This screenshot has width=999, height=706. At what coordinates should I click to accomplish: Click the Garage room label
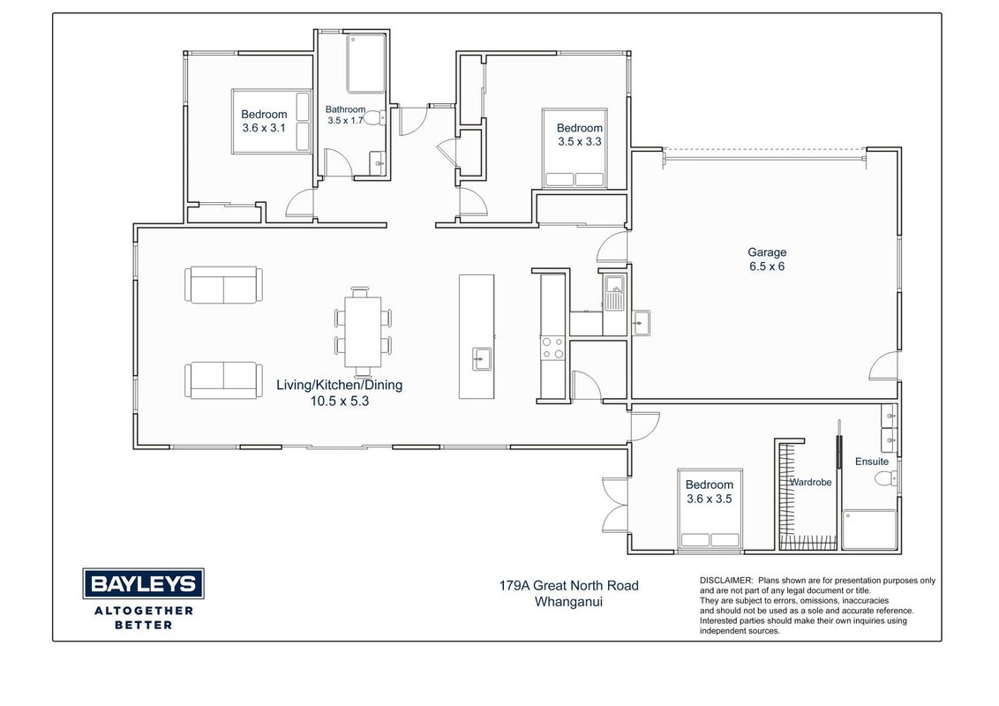tap(767, 252)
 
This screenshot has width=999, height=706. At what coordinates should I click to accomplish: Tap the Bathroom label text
tap(345, 109)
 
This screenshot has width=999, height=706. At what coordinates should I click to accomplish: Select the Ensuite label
tap(872, 462)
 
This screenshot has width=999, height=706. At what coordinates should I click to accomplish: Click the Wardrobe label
tap(810, 483)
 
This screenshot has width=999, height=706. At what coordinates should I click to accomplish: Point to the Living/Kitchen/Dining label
tap(339, 385)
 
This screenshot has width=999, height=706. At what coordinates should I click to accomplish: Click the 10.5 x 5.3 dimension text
tap(340, 401)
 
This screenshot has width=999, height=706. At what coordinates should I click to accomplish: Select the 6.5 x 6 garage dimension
tap(767, 267)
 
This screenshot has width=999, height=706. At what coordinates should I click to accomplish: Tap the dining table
tap(364, 331)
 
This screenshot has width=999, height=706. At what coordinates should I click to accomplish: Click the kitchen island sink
tap(482, 358)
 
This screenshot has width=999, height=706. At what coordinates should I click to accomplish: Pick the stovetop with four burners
tap(552, 348)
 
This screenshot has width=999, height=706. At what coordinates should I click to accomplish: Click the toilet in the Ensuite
tap(885, 478)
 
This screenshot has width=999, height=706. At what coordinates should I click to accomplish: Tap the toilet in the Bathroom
tap(374, 118)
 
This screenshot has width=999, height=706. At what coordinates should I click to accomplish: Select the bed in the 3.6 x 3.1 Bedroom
tap(272, 122)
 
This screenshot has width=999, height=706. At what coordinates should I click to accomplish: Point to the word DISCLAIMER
tap(726, 581)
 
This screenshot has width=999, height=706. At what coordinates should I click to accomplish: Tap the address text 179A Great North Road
tap(568, 586)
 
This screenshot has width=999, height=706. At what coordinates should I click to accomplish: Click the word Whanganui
tap(568, 602)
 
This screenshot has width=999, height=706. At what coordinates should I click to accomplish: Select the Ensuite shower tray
tap(869, 529)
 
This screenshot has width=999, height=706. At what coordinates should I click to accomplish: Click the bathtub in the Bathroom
tap(366, 63)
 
